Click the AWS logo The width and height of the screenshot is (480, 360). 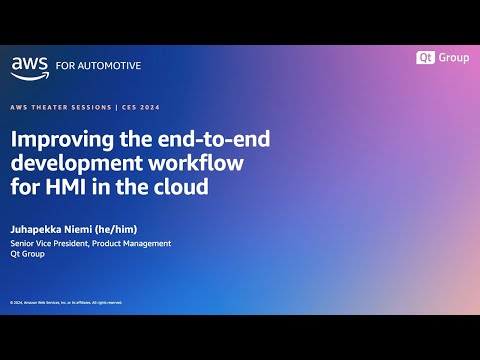28,66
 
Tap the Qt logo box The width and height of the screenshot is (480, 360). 426,58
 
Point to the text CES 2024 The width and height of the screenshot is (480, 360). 138,107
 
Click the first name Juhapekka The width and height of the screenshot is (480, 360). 39,227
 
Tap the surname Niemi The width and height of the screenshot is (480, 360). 87,227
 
